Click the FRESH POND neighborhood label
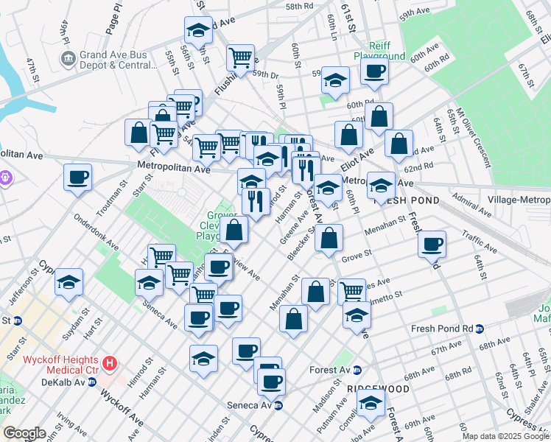coord(407,200)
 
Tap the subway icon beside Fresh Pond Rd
coord(480,329)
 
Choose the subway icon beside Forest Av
coord(357,370)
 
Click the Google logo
coord(24,433)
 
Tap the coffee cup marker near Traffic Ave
coord(432,244)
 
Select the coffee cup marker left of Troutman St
coord(78,177)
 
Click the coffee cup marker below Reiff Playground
coord(374,72)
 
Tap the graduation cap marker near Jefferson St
coord(69,282)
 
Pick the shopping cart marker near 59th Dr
coord(241,57)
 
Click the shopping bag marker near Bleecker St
coord(330,238)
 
